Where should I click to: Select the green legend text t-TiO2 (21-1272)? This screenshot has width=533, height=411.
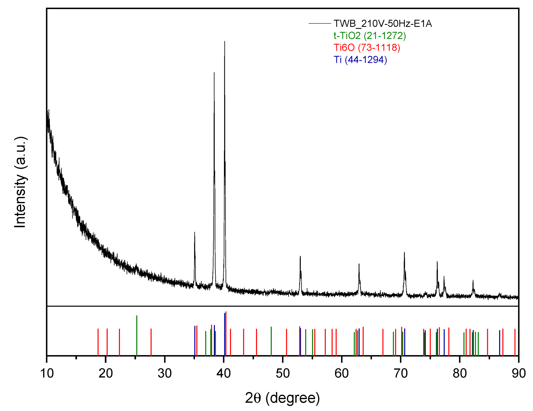coord(369,36)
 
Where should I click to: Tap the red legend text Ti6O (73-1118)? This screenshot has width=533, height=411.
coord(366,47)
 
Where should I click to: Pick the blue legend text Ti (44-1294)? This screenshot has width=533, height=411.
coord(360,60)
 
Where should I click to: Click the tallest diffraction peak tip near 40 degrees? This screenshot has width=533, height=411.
coord(225,42)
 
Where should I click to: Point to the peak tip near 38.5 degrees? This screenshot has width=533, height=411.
coord(214,73)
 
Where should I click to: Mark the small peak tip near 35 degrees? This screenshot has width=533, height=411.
coord(195,232)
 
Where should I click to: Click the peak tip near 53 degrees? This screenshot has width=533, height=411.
coord(300,257)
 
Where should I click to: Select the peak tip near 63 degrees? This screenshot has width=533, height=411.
coord(359,264)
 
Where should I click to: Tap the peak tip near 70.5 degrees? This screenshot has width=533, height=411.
coord(404,253)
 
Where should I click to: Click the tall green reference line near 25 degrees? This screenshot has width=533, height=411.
coord(137,335)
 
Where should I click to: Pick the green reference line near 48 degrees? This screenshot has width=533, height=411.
coord(271,341)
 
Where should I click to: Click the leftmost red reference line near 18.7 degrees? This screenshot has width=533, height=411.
coord(98,342)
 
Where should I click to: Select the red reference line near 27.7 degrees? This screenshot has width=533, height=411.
coord(151,342)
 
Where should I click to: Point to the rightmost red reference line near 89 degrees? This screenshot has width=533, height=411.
coord(515,342)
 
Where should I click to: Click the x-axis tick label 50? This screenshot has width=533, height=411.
coord(283,373)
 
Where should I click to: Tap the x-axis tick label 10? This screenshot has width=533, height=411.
coord(47,373)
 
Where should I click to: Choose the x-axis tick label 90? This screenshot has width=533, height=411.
coord(519,373)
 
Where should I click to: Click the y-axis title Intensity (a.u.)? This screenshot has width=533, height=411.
coord(20,182)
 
